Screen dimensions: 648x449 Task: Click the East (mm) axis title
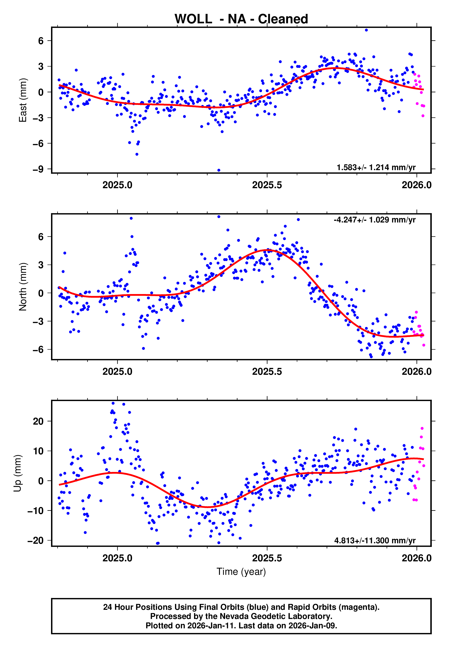click(x=22, y=100)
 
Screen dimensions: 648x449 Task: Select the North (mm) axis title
click(x=22, y=287)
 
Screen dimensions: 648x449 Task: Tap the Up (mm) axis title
click(x=17, y=473)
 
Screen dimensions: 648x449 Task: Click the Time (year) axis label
click(x=241, y=572)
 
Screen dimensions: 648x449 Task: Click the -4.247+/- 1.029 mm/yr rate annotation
click(x=374, y=220)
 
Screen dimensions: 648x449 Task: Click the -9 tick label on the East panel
click(x=38, y=169)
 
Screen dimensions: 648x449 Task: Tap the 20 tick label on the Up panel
click(x=38, y=421)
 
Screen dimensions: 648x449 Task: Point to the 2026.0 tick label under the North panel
click(x=416, y=372)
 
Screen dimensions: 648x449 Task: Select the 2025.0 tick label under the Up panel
click(x=117, y=558)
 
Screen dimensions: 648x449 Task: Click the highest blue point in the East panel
click(x=366, y=30)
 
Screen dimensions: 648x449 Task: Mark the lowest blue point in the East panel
click(x=219, y=170)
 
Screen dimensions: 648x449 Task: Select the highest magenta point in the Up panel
click(x=422, y=428)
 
